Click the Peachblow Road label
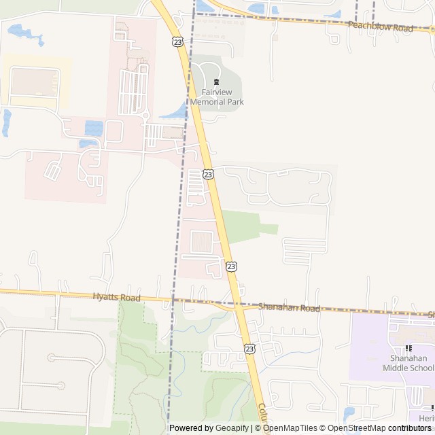[x=380, y=28]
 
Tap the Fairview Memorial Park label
[x=217, y=97]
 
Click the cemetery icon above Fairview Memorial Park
[x=217, y=82]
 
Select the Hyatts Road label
[x=116, y=298]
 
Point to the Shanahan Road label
[x=289, y=308]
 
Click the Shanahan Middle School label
[x=408, y=363]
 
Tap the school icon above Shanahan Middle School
[x=408, y=348]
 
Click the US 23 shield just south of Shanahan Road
[x=249, y=348]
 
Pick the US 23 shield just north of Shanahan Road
[x=231, y=266]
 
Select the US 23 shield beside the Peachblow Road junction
[x=178, y=41]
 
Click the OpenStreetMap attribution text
[x=356, y=428]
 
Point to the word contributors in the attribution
[x=410, y=428]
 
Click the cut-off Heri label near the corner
[x=426, y=419]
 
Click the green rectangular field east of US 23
[x=244, y=226]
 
